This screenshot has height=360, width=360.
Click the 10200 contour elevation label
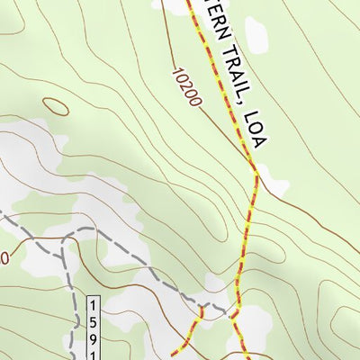184,84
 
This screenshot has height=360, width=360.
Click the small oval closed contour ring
55,106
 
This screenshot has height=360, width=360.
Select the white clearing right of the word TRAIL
258,36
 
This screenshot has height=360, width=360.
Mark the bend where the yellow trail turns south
256,173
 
